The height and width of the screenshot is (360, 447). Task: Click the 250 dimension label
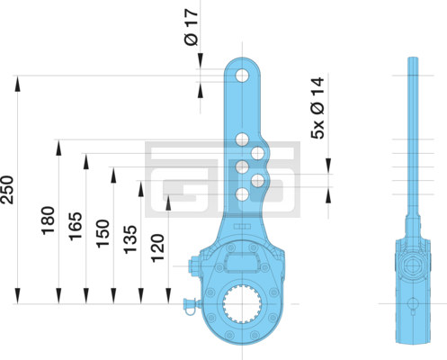pyautogui.click(x=7, y=190)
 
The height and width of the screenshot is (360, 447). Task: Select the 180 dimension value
pyautogui.click(x=48, y=220)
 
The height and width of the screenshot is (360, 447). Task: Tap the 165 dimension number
pyautogui.click(x=76, y=226)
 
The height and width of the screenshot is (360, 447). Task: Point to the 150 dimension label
pyautogui.click(x=103, y=234)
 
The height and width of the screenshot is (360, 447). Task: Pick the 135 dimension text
pyautogui.click(x=130, y=239)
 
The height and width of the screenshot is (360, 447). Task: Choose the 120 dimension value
pyautogui.click(x=157, y=248)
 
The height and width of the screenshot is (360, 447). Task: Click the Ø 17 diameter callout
pyautogui.click(x=192, y=27)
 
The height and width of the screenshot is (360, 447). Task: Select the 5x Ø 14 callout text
pyautogui.click(x=317, y=108)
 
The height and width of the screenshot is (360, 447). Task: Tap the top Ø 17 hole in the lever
pyautogui.click(x=242, y=76)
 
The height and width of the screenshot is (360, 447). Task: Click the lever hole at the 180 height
pyautogui.click(x=242, y=139)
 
